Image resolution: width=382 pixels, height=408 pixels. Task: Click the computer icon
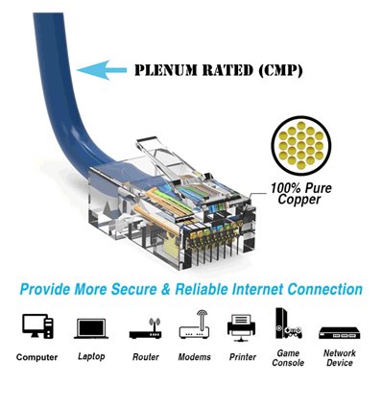36,327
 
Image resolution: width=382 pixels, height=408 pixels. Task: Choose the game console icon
287,326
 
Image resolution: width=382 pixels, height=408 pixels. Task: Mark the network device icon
339,330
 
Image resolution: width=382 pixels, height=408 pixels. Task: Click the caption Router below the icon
146,357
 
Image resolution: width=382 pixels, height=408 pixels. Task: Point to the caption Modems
194,357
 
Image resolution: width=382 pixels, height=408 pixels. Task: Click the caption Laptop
90,357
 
